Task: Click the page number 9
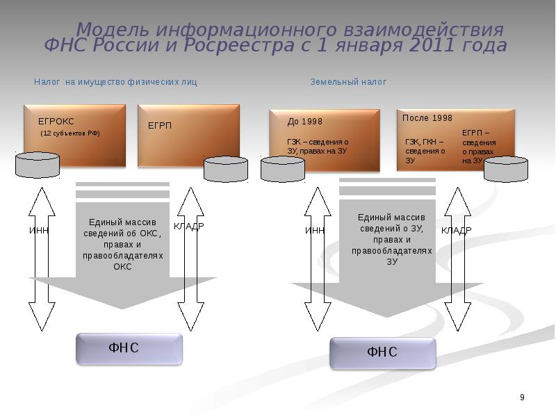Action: click(522, 397)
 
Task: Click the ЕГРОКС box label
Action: click(56, 122)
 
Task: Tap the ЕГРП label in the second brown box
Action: click(160, 126)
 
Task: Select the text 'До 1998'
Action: click(305, 122)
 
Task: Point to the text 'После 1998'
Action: click(427, 118)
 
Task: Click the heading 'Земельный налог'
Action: click(348, 82)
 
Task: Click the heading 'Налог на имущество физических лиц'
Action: click(115, 82)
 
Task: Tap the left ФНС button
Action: click(129, 348)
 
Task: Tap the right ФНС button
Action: click(382, 352)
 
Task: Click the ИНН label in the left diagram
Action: click(39, 230)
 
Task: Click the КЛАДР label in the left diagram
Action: click(188, 227)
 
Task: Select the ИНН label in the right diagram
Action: click(315, 230)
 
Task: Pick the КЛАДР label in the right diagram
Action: click(456, 230)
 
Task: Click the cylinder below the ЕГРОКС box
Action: click(38, 165)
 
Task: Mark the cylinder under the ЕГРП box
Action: click(226, 169)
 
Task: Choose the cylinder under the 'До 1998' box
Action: click(282, 169)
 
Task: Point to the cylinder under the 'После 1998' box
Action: click(506, 169)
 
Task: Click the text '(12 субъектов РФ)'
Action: click(70, 133)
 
